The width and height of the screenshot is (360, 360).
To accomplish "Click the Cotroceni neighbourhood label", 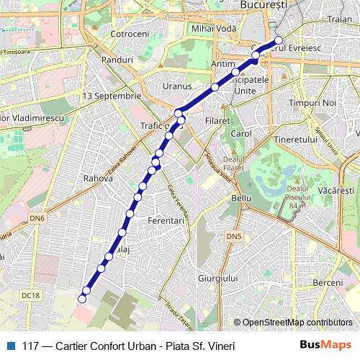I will [130, 34].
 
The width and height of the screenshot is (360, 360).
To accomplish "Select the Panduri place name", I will [117, 60].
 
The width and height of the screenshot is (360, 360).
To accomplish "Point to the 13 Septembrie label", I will [112, 95].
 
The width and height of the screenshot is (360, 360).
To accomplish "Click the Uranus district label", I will [176, 86].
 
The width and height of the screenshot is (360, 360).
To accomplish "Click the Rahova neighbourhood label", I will [98, 178].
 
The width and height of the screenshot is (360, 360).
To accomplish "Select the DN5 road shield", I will [233, 236].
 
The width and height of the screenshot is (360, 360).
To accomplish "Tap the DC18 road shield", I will [30, 294].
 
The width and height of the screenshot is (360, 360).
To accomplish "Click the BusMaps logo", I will [325, 345].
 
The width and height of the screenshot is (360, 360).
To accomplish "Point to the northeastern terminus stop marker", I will [279, 40].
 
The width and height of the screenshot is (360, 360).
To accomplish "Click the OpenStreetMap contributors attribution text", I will [297, 323].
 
